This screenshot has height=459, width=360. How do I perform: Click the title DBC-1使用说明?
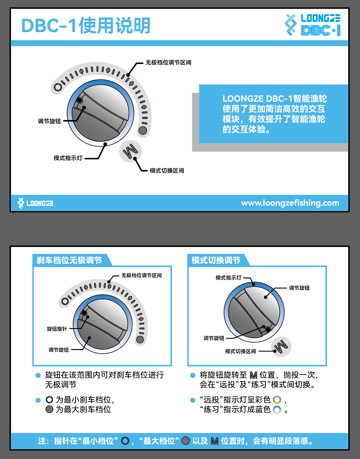(86, 26)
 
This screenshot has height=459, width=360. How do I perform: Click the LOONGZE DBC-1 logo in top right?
(312, 25)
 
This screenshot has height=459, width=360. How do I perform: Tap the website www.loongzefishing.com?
(290, 203)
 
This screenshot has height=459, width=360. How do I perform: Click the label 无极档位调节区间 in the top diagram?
(168, 63)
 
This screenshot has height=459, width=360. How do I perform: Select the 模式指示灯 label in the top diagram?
(68, 158)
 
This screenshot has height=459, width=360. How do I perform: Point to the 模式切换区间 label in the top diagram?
(167, 171)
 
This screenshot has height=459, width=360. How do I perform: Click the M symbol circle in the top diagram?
(130, 151)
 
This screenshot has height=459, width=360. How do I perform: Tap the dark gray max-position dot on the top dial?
(143, 130)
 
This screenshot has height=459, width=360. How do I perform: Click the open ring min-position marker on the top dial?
(58, 87)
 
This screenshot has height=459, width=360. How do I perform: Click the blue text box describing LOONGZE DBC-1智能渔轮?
(273, 114)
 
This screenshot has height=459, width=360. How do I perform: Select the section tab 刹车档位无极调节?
(69, 260)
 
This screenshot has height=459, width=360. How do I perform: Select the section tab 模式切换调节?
(216, 260)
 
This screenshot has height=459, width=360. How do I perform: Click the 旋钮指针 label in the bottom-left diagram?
(57, 329)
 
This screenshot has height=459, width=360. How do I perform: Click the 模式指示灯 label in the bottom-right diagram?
(228, 278)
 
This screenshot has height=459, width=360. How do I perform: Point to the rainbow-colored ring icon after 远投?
(277, 400)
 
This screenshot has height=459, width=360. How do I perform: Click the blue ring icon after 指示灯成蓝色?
(277, 410)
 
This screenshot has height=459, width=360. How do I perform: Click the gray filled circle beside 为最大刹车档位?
(49, 409)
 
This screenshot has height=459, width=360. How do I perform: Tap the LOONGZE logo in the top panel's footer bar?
(36, 203)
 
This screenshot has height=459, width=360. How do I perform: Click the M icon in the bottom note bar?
(215, 441)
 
